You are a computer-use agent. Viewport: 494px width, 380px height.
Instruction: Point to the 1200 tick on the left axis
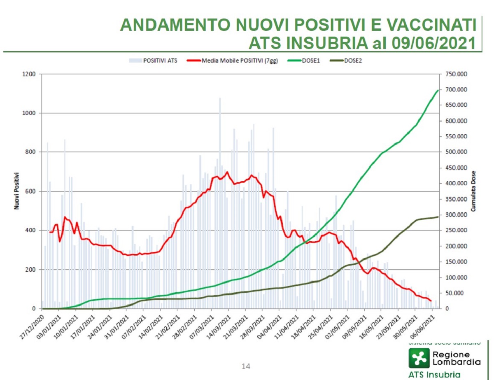pos(31,74)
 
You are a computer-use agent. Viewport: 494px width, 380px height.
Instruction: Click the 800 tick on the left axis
pos(33,152)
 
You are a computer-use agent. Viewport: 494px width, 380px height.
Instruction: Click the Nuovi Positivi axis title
pos(17,191)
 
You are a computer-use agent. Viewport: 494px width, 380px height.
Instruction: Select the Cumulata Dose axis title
pos(473,191)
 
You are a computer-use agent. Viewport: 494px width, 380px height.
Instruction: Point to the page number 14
pos(246,366)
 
